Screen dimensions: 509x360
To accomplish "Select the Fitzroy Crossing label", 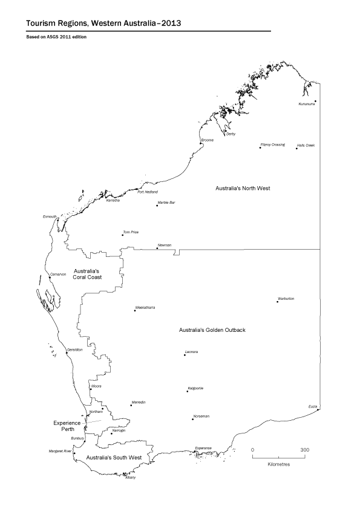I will click(x=272, y=144).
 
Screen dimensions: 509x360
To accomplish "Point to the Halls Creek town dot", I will click(x=297, y=148).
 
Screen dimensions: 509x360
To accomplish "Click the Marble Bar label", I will click(x=166, y=202).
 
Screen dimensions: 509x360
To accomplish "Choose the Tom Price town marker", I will click(x=123, y=235).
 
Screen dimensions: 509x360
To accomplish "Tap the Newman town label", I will click(x=165, y=244).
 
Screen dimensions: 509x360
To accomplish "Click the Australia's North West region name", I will click(x=243, y=189).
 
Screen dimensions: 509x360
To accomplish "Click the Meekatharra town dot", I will click(x=135, y=311).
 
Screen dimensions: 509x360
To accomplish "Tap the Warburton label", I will click(x=286, y=298).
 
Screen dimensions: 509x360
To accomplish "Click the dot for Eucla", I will click(x=318, y=409).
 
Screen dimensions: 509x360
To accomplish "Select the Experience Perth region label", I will click(x=67, y=426).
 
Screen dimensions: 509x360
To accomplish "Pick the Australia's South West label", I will click(x=113, y=458).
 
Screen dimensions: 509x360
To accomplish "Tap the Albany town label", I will click(x=130, y=478).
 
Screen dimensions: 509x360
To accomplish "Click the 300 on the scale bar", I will click(x=305, y=450).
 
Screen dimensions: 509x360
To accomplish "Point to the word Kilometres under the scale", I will click(x=278, y=464).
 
